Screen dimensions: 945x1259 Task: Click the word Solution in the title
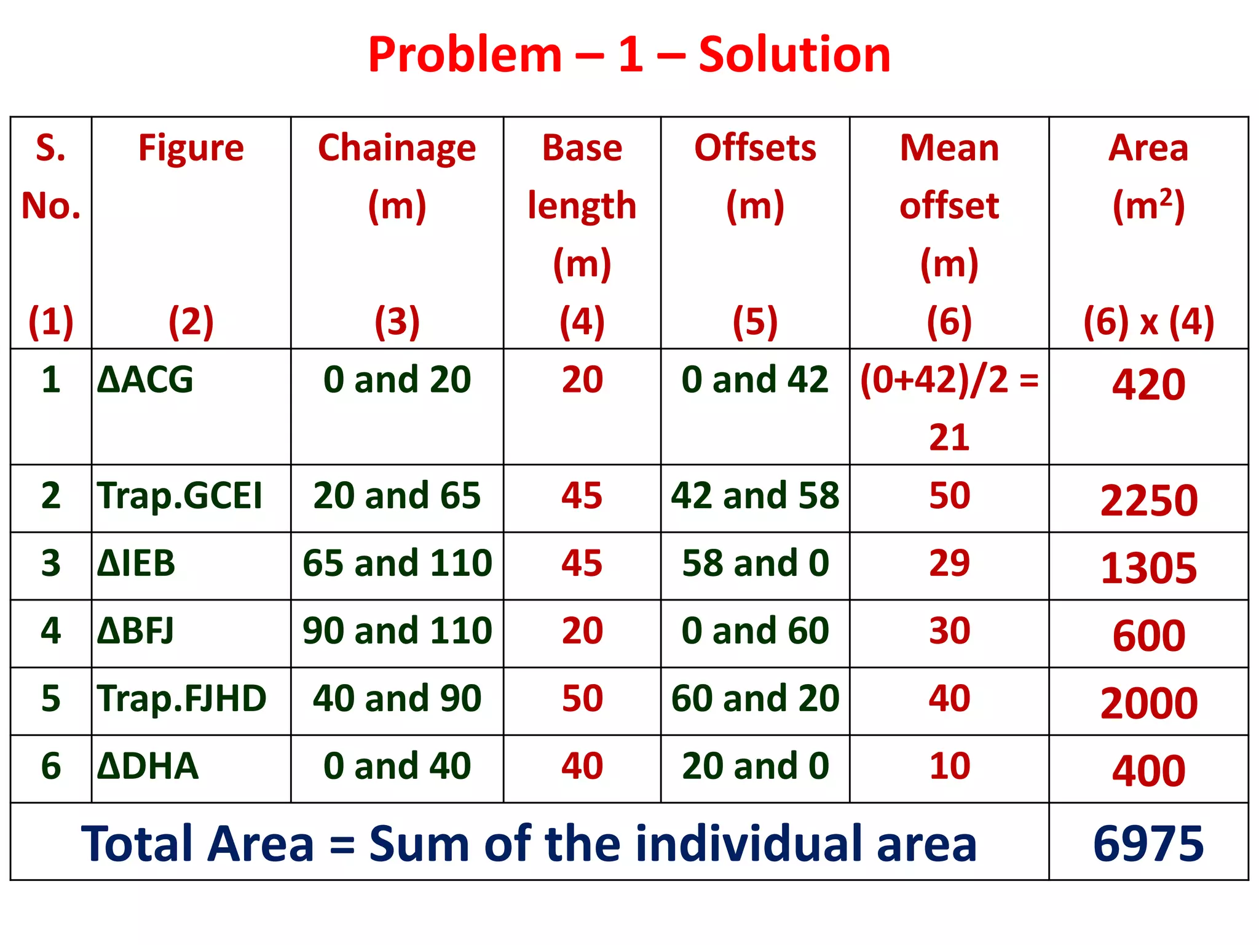(x=794, y=55)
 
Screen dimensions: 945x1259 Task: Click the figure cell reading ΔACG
(x=146, y=380)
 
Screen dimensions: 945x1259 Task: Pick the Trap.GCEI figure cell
(x=180, y=496)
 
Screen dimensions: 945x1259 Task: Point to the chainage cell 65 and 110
(x=397, y=564)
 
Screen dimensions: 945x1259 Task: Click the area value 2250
(x=1148, y=500)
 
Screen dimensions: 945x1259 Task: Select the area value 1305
(x=1148, y=568)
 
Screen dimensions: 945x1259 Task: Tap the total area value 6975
(x=1148, y=843)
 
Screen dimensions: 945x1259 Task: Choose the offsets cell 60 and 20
(x=755, y=699)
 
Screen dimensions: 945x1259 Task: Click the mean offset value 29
(x=949, y=564)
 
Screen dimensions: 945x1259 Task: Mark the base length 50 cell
(x=582, y=699)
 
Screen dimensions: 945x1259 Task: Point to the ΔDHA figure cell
(x=148, y=767)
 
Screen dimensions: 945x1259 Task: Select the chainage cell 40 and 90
(x=397, y=699)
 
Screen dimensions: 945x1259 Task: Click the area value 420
(x=1148, y=385)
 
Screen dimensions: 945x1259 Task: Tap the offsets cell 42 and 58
(x=755, y=496)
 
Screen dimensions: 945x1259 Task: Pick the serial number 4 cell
(x=51, y=631)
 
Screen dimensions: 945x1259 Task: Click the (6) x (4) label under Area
(x=1148, y=322)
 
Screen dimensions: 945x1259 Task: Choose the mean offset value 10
(x=949, y=767)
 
